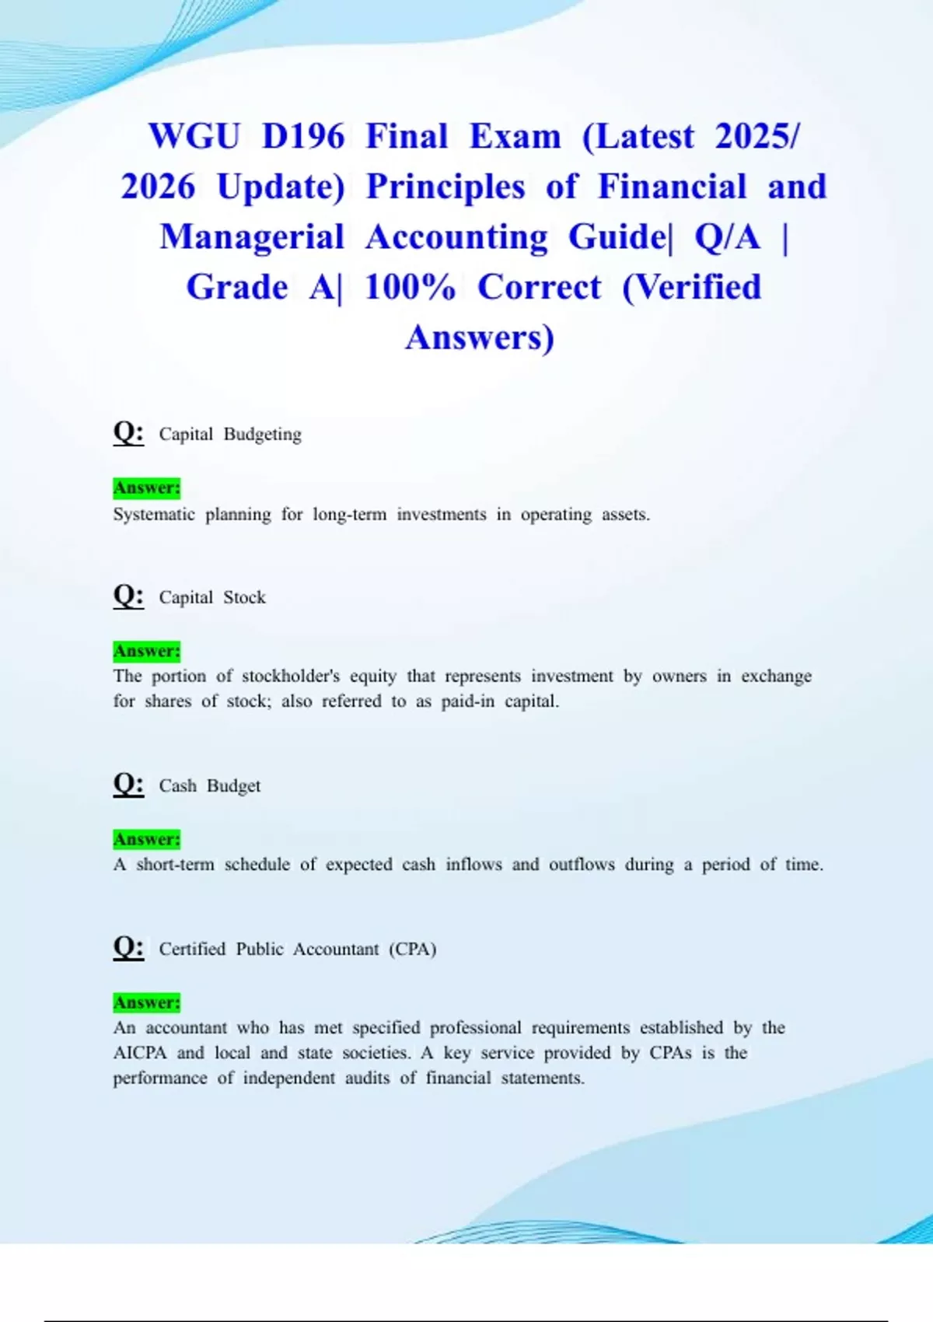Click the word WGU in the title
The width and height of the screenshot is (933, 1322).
[194, 136]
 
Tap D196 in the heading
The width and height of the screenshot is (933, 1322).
[303, 136]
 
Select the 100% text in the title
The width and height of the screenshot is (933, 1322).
[410, 287]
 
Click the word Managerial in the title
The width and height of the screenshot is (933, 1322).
[252, 236]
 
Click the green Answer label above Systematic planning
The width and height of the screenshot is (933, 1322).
[147, 488]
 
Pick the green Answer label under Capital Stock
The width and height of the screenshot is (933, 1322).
[147, 651]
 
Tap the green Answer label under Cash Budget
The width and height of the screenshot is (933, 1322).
[147, 839]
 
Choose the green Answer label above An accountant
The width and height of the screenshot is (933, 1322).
[147, 1002]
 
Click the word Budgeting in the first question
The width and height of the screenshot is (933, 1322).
[262, 434]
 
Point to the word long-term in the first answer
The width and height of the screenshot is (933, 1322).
[349, 514]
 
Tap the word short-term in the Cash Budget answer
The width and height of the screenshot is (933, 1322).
[175, 864]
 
